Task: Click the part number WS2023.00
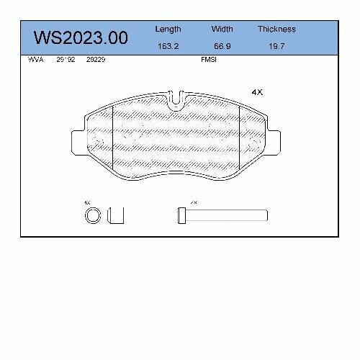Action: point(81,37)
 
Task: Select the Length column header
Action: point(168,30)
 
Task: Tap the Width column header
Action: point(222,30)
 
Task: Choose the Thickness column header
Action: point(276,30)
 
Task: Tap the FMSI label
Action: point(208,60)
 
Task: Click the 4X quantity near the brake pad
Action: point(256,92)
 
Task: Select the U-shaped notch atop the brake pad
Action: point(175,99)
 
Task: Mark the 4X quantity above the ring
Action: point(87,203)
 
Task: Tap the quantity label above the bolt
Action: point(193,203)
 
